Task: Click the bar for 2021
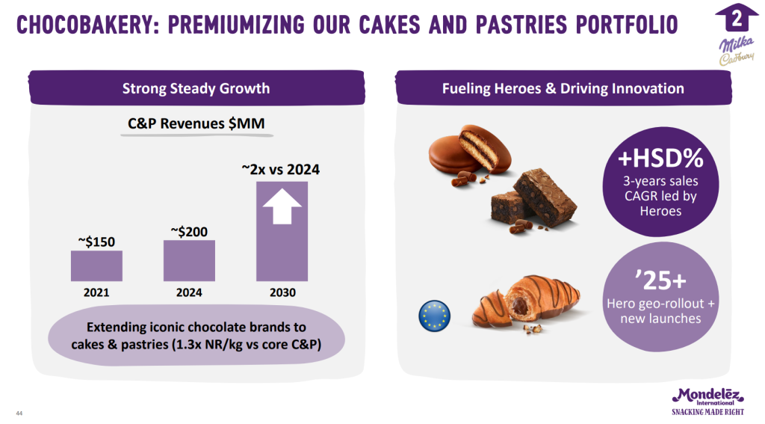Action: coord(96,265)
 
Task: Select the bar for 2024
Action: coord(189,260)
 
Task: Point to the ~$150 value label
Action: coord(96,242)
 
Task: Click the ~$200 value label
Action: coord(189,232)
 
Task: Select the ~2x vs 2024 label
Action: coord(281,170)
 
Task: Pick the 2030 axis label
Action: coord(282,292)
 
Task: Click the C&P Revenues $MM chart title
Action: coord(196,123)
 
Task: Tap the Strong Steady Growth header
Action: coord(196,88)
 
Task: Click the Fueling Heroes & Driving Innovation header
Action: coord(563,88)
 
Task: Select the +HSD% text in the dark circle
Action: coord(660,158)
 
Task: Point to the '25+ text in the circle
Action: coord(660,280)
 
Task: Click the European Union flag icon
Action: coord(434,316)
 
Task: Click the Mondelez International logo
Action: coord(708,402)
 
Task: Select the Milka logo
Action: coord(736,44)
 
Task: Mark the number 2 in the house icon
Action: coord(737,19)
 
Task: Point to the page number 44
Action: coord(19,414)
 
